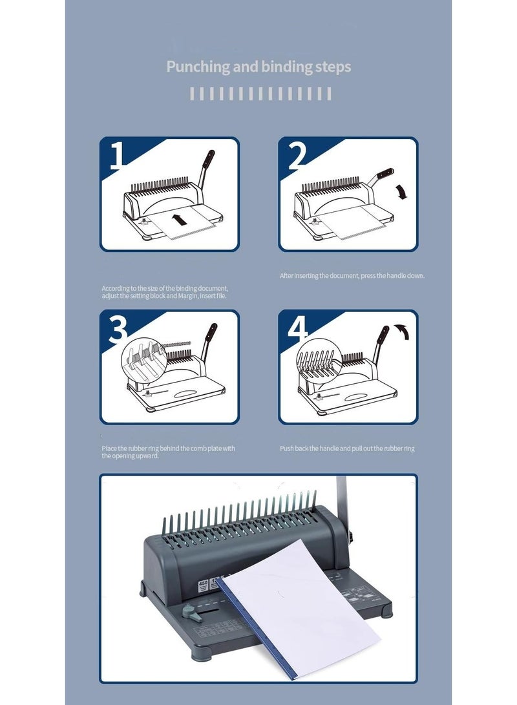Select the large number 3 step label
[118, 329]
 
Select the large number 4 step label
[297, 329]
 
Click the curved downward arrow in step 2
[402, 191]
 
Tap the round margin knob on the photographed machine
[189, 610]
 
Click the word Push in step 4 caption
[286, 448]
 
